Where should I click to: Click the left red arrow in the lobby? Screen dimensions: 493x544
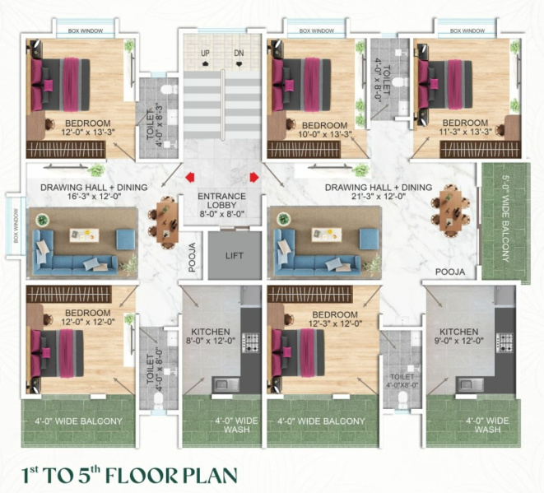pos(190,175)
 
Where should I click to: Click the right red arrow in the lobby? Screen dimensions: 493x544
pos(253,175)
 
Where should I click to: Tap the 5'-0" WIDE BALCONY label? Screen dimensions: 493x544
pos(504,221)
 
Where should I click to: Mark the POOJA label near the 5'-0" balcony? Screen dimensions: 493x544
pos(450,271)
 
